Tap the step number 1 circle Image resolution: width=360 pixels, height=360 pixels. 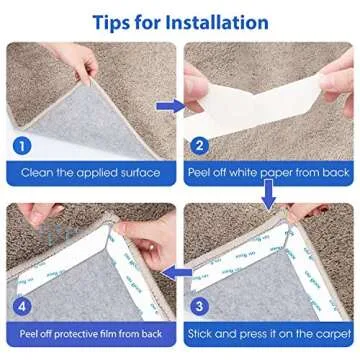click(x=23, y=146)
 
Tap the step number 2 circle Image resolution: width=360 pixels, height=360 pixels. click(x=199, y=146)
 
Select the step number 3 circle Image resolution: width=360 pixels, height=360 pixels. click(x=199, y=307)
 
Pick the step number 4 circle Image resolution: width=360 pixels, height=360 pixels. click(x=22, y=307)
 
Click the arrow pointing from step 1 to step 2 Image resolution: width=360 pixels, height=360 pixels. click(x=170, y=106)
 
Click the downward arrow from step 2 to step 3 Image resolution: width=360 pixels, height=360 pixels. click(x=268, y=194)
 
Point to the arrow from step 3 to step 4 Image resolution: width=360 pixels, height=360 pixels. click(x=176, y=273)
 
